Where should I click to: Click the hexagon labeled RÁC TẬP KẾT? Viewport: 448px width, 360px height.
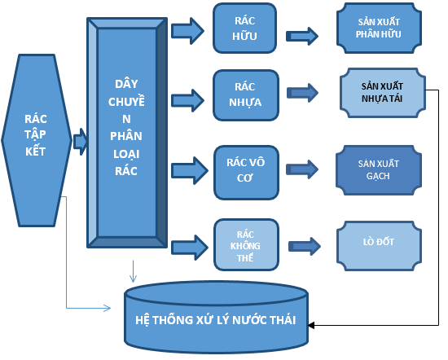[37, 140]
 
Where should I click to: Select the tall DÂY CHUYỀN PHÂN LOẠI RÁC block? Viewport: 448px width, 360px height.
[127, 133]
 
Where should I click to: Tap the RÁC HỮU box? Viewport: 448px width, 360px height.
[245, 29]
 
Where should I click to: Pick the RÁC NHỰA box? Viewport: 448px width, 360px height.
[246, 95]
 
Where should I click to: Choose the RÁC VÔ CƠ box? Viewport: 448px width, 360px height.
[246, 173]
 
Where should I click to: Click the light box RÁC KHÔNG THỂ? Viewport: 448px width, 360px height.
[246, 245]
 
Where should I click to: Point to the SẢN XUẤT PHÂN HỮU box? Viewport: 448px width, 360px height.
[379, 28]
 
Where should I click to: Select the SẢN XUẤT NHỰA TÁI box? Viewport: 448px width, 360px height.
[383, 93]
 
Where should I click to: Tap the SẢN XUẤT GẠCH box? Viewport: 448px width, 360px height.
[379, 170]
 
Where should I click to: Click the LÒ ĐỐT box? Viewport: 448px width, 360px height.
[379, 246]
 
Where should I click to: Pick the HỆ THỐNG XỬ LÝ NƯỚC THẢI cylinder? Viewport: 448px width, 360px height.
[217, 317]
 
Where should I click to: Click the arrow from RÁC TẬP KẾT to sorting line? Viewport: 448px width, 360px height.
[80, 142]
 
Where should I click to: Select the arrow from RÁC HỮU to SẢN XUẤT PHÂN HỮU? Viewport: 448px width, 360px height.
[302, 36]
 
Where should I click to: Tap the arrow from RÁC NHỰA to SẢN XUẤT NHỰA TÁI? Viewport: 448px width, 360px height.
[302, 93]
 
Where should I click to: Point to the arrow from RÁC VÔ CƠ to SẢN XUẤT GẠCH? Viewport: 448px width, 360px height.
[302, 169]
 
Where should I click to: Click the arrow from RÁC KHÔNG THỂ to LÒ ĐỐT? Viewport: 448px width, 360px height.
[305, 246]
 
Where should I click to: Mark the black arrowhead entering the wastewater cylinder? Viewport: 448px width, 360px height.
[311, 325]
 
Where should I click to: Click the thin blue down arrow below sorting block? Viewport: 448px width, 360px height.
[133, 271]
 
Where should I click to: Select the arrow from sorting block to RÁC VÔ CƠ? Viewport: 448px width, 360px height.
[190, 170]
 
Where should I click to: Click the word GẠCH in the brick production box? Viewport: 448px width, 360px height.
[378, 176]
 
